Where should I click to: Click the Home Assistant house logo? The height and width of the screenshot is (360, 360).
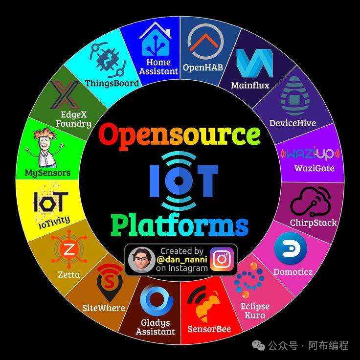pyautogui.click(x=156, y=40)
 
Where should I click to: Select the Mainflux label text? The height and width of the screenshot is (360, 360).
pyautogui.click(x=250, y=86)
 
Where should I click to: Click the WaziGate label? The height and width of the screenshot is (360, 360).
pyautogui.click(x=315, y=168)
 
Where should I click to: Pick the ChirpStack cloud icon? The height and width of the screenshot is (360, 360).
pyautogui.click(x=311, y=202)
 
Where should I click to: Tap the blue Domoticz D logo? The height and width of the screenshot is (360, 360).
pyautogui.click(x=291, y=248)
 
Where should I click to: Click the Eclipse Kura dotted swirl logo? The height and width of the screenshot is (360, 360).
pyautogui.click(x=249, y=280)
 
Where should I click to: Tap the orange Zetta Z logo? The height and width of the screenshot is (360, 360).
pyautogui.click(x=69, y=249)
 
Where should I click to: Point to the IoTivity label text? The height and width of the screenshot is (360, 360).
pyautogui.click(x=54, y=222)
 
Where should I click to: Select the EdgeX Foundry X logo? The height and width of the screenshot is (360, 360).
pyautogui.click(x=66, y=94)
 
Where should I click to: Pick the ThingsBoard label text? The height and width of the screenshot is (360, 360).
pyautogui.click(x=112, y=83)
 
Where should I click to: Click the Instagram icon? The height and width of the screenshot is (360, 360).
pyautogui.click(x=222, y=259)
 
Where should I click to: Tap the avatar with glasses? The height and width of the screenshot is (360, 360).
pyautogui.click(x=142, y=260)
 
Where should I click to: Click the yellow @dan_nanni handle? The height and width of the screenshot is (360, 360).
pyautogui.click(x=182, y=259)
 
